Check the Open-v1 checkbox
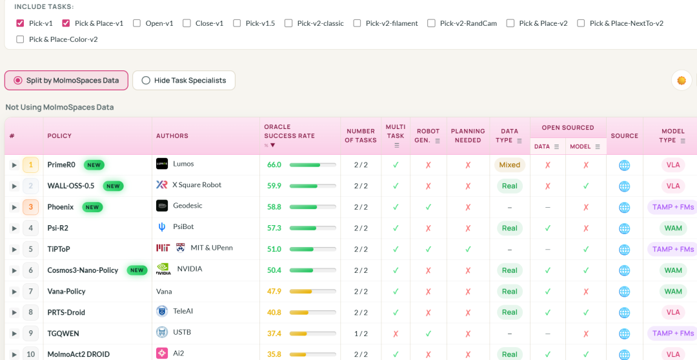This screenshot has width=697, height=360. pos(137,23)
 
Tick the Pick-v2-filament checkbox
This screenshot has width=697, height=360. pos(357,23)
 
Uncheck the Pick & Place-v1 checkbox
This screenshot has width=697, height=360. pos(66,23)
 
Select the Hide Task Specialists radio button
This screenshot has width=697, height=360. pos(146,81)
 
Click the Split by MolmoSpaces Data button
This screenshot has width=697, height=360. pos(66,81)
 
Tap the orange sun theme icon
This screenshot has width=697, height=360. pos(682,81)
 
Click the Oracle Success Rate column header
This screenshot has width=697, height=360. pos(289,131)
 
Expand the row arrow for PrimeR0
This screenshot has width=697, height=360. pos(14,165)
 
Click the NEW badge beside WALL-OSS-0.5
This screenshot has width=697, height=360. pos(113,186)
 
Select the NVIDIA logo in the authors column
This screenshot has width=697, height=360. pos(163,269)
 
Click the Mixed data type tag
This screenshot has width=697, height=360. pos(509,165)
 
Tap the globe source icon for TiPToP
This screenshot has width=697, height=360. pos(625,249)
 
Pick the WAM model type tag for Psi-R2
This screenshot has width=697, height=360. pos(673,228)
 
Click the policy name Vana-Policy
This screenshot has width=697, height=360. pos(66,292)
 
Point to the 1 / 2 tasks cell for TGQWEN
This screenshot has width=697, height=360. pos(361,334)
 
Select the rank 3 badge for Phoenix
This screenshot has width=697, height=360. pos(31,207)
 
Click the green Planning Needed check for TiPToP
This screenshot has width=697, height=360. pos(468,249)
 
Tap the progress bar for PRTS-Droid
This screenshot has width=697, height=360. pos(312,312)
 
